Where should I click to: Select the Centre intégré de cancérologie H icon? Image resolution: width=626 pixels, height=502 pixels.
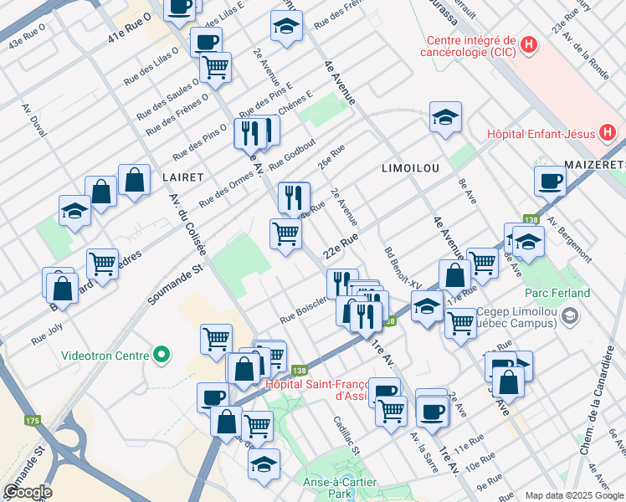(528, 45)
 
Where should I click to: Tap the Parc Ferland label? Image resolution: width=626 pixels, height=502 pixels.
(557, 293)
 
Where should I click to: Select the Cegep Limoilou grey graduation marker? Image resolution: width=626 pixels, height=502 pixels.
(570, 315)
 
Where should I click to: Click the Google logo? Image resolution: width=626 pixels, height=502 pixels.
(27, 491)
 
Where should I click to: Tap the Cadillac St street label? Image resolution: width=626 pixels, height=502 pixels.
(346, 436)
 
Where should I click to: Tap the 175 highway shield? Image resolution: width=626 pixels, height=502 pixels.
(33, 420)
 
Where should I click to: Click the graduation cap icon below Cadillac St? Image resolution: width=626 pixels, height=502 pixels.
(264, 464)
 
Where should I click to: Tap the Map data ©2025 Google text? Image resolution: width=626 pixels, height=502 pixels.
(573, 495)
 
